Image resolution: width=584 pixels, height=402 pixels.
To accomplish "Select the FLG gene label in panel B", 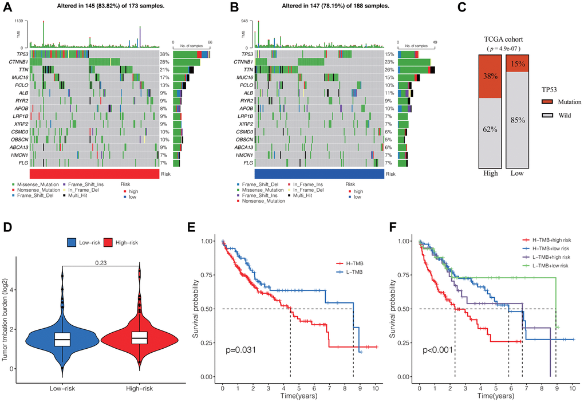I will [x=247, y=163].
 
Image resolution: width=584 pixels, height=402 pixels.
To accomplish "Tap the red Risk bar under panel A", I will [x=94, y=174].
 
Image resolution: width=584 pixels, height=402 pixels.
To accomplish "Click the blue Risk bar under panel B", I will [x=319, y=174].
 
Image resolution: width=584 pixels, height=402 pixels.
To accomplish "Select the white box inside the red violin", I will [x=139, y=338].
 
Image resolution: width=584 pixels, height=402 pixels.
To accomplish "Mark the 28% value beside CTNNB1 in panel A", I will [x=165, y=61].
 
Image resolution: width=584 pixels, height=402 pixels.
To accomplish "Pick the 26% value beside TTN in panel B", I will [x=390, y=70].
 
